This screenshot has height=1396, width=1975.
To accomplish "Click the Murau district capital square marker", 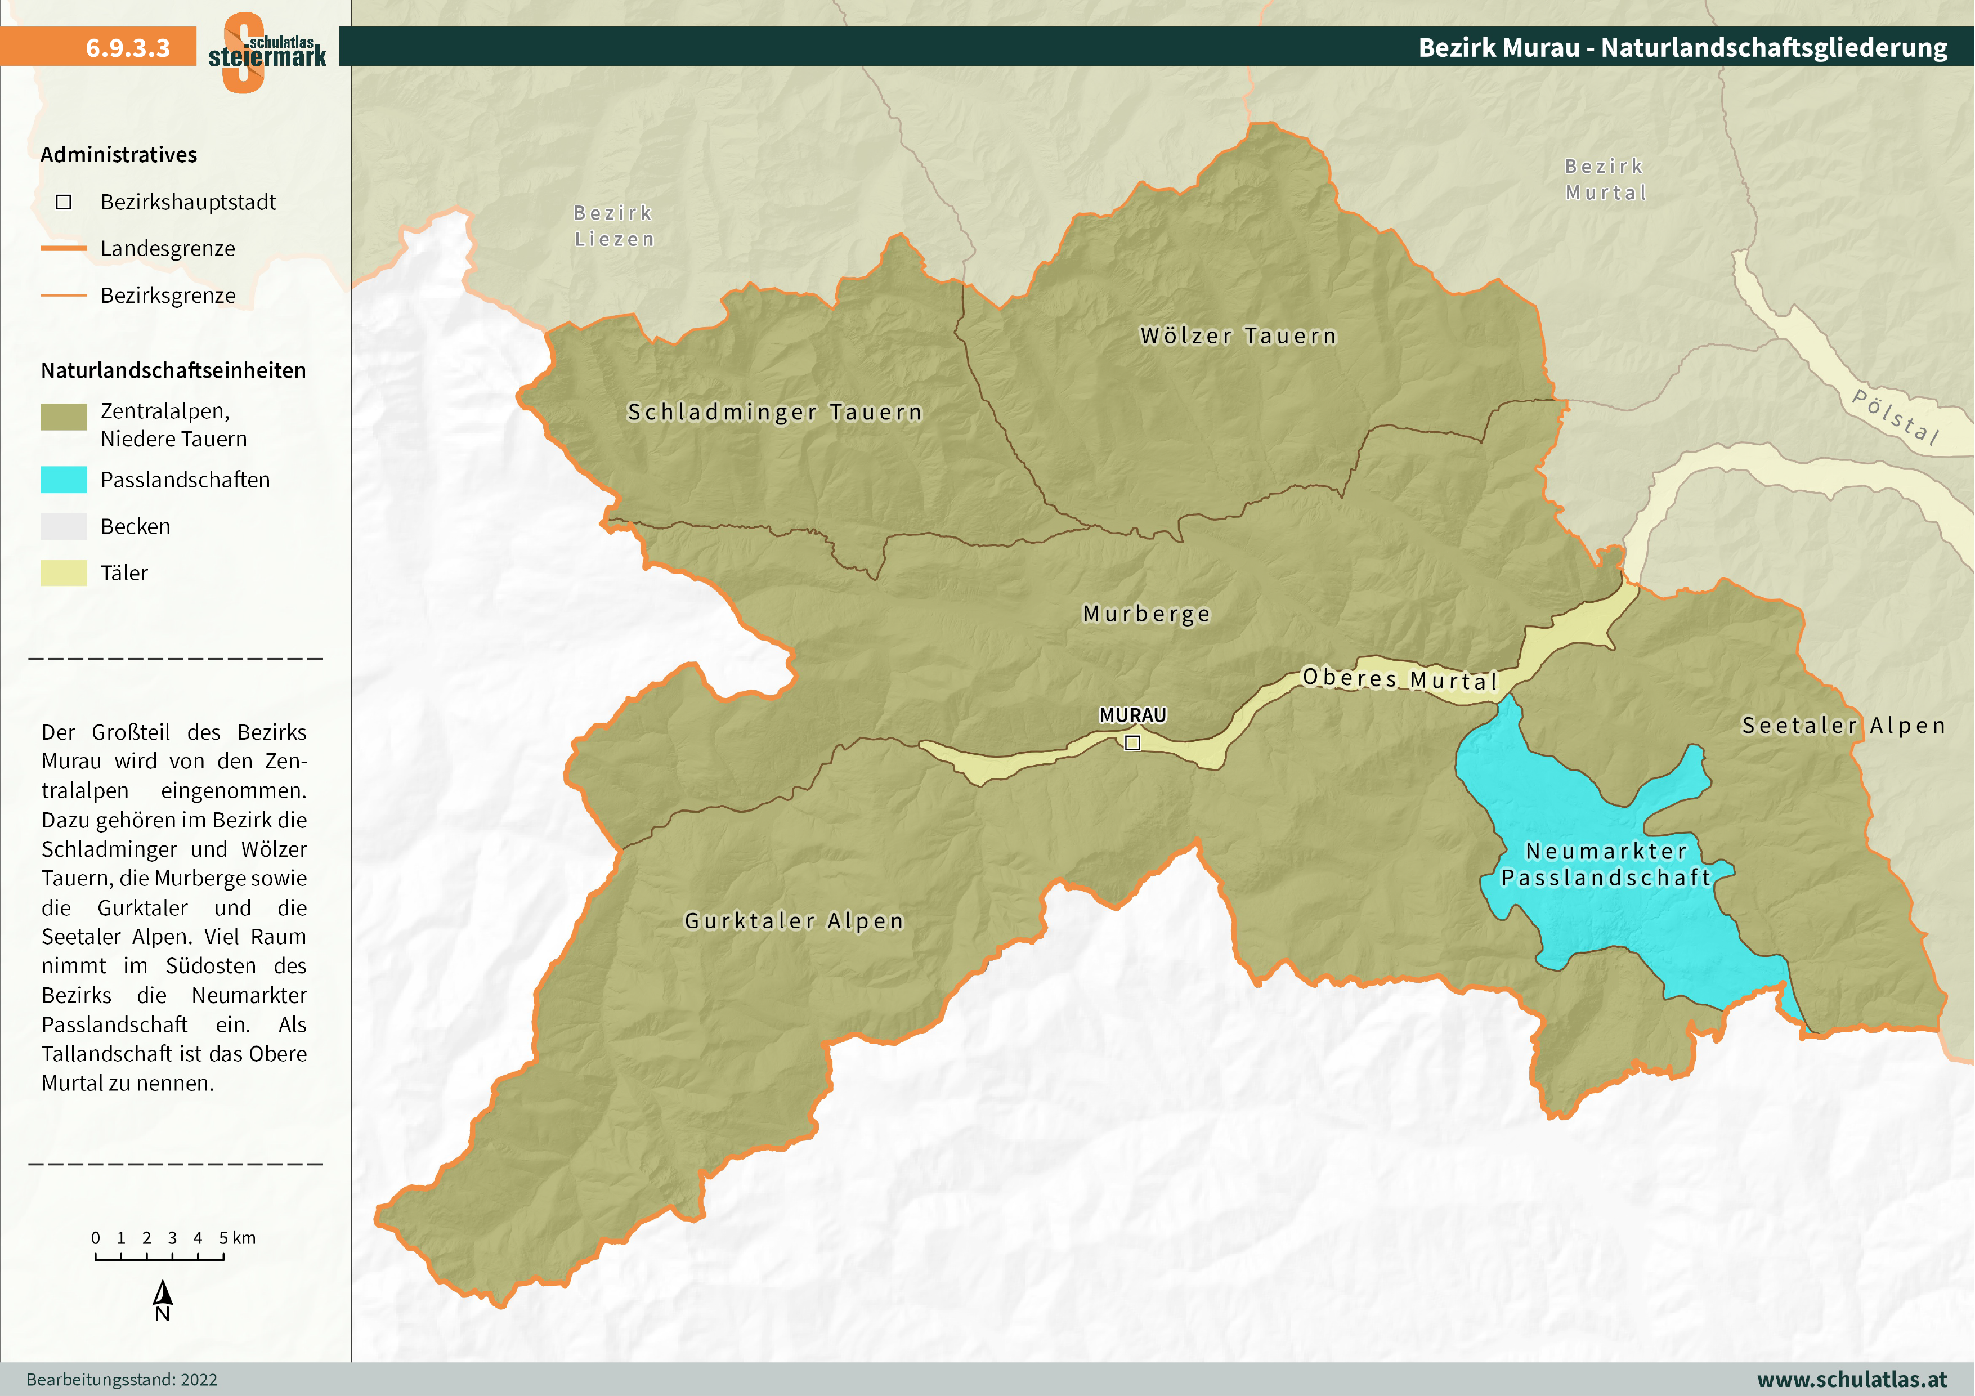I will click(x=1132, y=742).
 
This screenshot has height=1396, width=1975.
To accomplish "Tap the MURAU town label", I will click(x=1132, y=715).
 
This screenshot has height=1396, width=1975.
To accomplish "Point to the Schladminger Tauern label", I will click(x=774, y=412).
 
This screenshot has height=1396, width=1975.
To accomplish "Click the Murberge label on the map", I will click(x=1146, y=613).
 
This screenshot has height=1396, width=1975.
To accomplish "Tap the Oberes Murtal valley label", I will click(x=1400, y=679).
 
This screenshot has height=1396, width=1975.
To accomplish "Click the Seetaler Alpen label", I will click(x=1843, y=725).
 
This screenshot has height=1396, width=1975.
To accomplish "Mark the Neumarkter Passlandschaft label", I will click(x=1606, y=863).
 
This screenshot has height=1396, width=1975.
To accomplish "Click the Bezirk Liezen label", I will click(x=614, y=225).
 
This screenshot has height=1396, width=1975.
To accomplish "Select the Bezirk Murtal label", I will click(x=1605, y=179).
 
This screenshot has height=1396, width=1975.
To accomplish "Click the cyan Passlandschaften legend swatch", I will click(x=64, y=479).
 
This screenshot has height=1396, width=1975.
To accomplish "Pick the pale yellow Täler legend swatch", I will click(x=64, y=573).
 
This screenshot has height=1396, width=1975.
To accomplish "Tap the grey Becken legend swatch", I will click(x=64, y=526).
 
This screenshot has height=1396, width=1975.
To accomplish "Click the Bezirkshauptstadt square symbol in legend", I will click(x=64, y=202).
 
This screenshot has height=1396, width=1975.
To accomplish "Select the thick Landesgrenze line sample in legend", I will click(x=64, y=249).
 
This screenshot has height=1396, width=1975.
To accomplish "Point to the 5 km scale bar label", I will click(x=236, y=1238).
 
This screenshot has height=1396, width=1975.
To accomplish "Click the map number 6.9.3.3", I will click(x=127, y=47).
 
